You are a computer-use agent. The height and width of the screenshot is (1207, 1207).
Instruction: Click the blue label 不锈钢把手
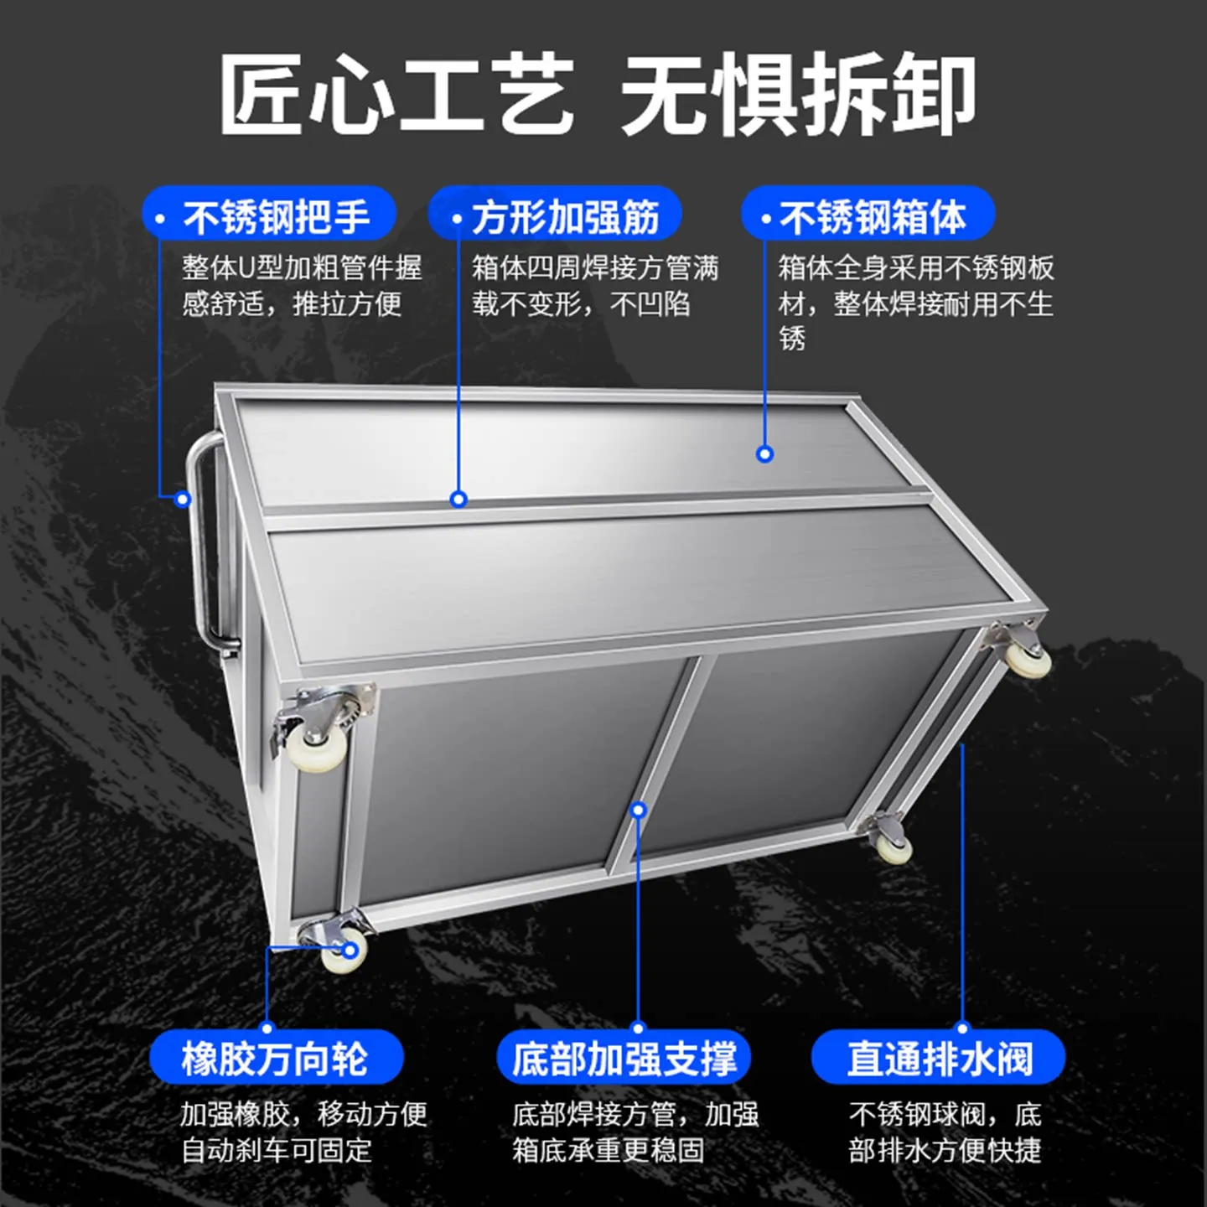[x=269, y=215]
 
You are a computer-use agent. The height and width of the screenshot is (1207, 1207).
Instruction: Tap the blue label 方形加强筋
[x=555, y=215]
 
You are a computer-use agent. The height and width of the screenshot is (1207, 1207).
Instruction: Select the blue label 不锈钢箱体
[x=868, y=215]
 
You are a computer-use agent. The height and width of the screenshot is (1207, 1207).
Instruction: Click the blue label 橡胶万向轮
[x=277, y=1058]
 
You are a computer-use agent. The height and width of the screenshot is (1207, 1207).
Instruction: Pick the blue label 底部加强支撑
[x=624, y=1058]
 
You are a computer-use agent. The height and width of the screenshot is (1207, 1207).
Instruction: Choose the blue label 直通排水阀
[x=938, y=1058]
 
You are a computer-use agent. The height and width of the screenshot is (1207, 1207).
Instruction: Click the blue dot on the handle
[x=183, y=500]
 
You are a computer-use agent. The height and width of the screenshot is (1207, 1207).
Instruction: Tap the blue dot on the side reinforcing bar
[x=458, y=500]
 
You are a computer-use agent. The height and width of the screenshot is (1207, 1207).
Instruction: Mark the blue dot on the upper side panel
[x=764, y=454]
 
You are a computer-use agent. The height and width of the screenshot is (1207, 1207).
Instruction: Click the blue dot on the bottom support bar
[x=638, y=810]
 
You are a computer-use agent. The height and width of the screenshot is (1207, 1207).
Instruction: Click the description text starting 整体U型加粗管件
[x=302, y=286]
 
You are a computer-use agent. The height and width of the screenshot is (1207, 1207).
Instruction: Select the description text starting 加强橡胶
[x=303, y=1132]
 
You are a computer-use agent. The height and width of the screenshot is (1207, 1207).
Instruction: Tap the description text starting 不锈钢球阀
[x=945, y=1132]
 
